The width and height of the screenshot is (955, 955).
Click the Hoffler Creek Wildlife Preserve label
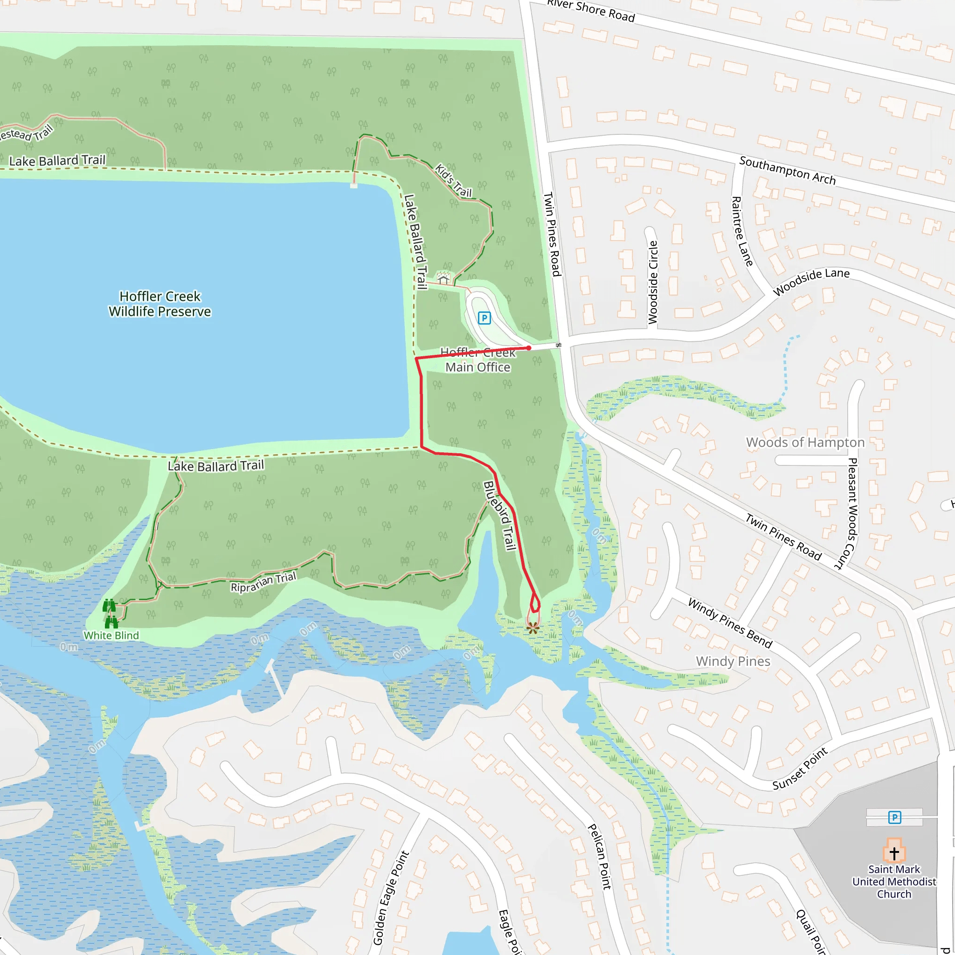159,304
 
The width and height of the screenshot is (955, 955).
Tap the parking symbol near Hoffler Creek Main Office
484,318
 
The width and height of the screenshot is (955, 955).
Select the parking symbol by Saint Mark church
894,817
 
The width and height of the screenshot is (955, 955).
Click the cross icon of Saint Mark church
894,853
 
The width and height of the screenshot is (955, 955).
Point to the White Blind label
111,635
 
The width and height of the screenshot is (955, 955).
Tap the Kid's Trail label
453,180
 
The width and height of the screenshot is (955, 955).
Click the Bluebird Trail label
500,515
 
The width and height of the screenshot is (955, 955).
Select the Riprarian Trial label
263,582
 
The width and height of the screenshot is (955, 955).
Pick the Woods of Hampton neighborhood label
805,443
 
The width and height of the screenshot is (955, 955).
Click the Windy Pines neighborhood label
733,661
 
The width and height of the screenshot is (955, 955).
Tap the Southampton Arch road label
788,171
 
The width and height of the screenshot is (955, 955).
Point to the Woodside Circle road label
653,282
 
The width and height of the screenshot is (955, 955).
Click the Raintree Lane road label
741,231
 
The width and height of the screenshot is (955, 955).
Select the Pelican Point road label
600,857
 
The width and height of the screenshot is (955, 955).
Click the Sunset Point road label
800,768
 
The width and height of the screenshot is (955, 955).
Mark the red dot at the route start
529,348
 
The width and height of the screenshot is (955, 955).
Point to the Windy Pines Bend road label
730,623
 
